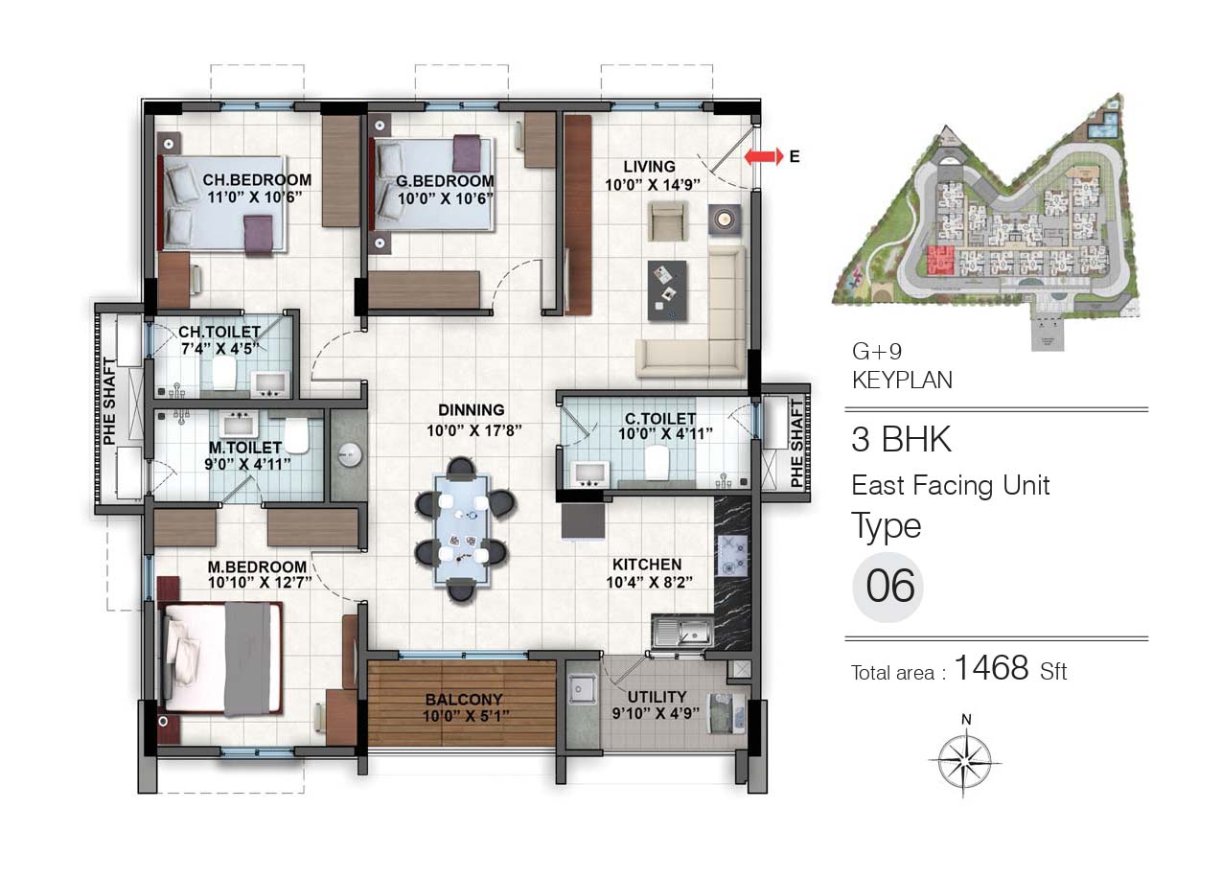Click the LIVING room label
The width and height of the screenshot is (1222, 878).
pyautogui.click(x=649, y=167)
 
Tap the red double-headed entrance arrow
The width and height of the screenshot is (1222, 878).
pyautogui.click(x=764, y=156)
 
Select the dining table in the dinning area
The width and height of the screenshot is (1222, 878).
pyautogui.click(x=462, y=529)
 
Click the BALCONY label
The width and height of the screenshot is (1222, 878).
pyautogui.click(x=464, y=699)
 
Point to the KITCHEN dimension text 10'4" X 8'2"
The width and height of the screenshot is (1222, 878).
pyautogui.click(x=649, y=582)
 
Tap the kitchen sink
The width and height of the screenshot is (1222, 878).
pyautogui.click(x=681, y=632)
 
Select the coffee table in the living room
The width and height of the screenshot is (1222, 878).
pyautogui.click(x=667, y=290)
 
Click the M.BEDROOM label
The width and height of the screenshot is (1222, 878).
pyautogui.click(x=257, y=567)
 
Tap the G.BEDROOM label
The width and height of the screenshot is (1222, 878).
pyautogui.click(x=445, y=180)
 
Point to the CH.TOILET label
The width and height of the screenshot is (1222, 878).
pyautogui.click(x=219, y=332)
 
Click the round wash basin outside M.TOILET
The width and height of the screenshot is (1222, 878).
pyautogui.click(x=349, y=454)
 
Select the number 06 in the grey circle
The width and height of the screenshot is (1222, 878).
pyautogui.click(x=890, y=586)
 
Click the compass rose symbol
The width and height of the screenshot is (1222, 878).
pyautogui.click(x=964, y=759)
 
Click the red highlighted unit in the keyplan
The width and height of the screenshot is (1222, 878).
pyautogui.click(x=940, y=260)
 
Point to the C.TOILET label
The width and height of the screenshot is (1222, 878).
pyautogui.click(x=660, y=419)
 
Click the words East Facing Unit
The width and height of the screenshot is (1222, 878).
pyautogui.click(x=951, y=485)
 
